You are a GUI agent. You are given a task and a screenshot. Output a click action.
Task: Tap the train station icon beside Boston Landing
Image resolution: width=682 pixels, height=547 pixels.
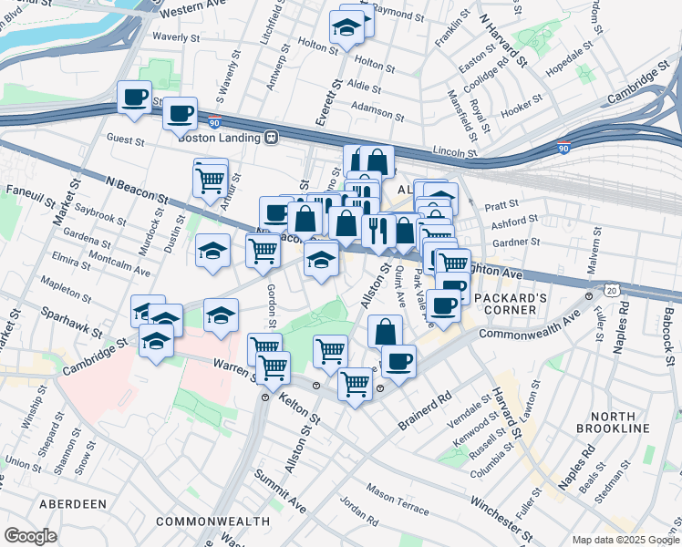pyautogui.click(x=271, y=137)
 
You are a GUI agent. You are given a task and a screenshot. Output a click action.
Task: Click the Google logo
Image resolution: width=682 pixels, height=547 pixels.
pyautogui.click(x=31, y=535)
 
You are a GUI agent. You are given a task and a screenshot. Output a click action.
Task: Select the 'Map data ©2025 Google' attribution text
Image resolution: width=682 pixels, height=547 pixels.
pyautogui.click(x=625, y=540)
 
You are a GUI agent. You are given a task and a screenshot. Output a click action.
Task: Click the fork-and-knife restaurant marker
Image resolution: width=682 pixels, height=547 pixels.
pyautogui.click(x=377, y=229)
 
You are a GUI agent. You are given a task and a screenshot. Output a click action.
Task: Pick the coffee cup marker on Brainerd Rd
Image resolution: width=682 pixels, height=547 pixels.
pyautogui.click(x=398, y=360)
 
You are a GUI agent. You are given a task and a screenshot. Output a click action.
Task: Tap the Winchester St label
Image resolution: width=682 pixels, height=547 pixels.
pyautogui.click(x=501, y=515)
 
